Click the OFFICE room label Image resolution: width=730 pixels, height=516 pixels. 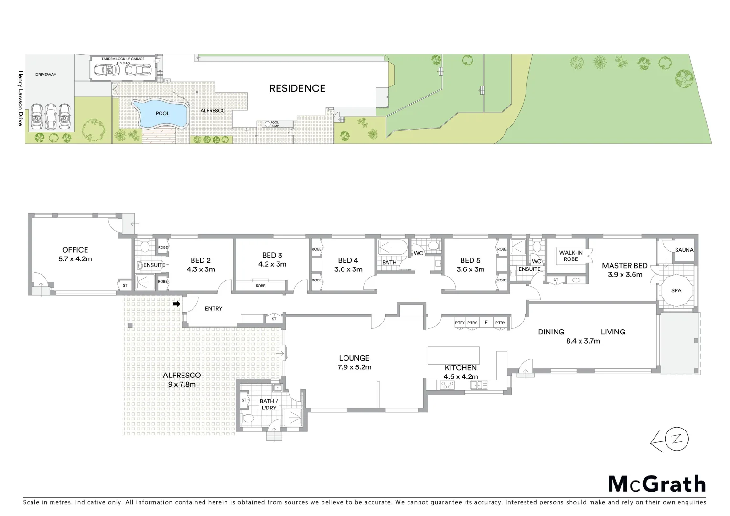pyautogui.click(x=75, y=250)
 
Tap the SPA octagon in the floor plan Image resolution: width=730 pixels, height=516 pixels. pyautogui.click(x=676, y=290)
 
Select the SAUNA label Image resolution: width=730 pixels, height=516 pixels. pyautogui.click(x=684, y=250)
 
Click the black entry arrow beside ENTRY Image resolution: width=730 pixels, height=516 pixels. pyautogui.click(x=176, y=304)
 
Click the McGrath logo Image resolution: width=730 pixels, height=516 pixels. pyautogui.click(x=656, y=484)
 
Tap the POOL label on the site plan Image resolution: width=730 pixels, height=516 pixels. pyautogui.click(x=162, y=114)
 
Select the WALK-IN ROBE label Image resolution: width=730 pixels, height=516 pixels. pyautogui.click(x=571, y=256)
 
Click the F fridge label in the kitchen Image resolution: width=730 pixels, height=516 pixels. pyautogui.click(x=486, y=322)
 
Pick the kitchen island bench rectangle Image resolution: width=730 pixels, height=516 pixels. pyautogui.click(x=453, y=355)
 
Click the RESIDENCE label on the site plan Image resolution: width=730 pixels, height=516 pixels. pyautogui.click(x=297, y=88)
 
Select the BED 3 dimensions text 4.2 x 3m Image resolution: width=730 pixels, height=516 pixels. pyautogui.click(x=272, y=264)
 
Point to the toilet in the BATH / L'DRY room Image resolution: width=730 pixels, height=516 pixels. pyautogui.click(x=248, y=419)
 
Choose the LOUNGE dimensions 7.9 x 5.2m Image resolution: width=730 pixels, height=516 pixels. pyautogui.click(x=354, y=367)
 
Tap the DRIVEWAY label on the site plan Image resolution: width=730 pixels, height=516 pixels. pyautogui.click(x=46, y=75)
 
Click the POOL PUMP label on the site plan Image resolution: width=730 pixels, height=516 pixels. pyautogui.click(x=275, y=123)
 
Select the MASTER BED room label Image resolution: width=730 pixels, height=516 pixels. pyautogui.click(x=624, y=266)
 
